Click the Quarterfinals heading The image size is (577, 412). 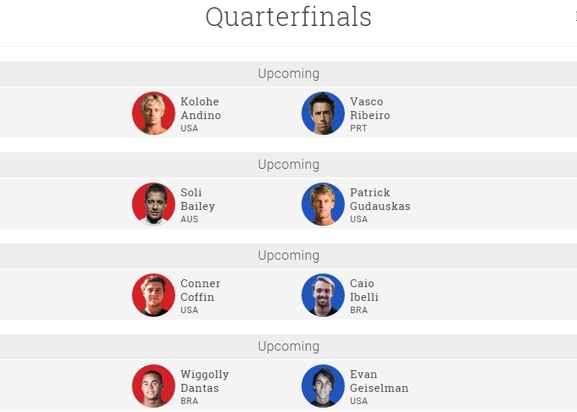tap(288, 17)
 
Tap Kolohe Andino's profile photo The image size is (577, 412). tap(154, 113)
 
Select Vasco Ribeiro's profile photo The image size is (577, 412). tap(323, 113)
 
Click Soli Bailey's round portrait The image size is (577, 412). tap(154, 204)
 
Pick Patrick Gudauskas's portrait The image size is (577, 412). tap(323, 204)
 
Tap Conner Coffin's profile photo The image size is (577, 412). tap(154, 295)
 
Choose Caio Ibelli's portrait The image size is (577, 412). tap(323, 295)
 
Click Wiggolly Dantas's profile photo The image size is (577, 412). tap(154, 386)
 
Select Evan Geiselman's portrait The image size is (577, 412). tap(323, 386)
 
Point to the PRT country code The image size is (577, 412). tap(358, 128)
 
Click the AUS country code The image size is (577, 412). tap(189, 219)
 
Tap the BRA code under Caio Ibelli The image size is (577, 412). tap(358, 310)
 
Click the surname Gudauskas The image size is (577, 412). tap(380, 206)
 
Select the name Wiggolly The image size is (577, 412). tap(205, 374)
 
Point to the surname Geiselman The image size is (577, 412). tap(379, 388)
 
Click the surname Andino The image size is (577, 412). tap(201, 115)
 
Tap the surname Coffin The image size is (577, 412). tap(198, 297)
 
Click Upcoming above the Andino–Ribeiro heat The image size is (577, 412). tap(288, 74)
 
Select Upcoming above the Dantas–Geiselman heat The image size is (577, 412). tap(288, 346)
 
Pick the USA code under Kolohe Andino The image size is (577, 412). tap(189, 128)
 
